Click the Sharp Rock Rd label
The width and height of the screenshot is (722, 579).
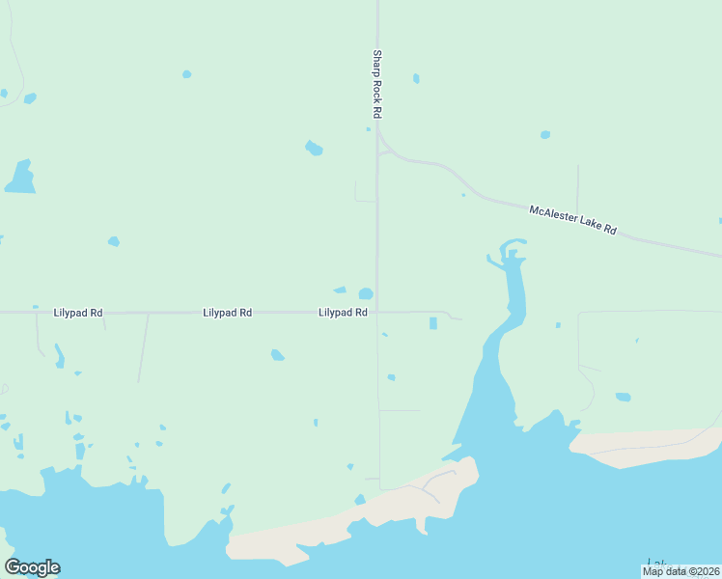377,85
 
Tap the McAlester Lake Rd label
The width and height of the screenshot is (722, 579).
572,218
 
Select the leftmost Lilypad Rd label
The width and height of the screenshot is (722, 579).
78,314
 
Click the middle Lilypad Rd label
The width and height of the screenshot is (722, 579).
228,314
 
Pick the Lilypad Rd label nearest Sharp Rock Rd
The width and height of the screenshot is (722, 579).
343,314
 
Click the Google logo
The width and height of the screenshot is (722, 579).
33,567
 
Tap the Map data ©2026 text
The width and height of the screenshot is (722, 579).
680,571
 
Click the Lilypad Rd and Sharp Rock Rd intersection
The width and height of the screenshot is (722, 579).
377,313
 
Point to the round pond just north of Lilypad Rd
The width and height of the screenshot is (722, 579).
366,294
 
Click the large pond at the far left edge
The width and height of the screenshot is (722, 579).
19,178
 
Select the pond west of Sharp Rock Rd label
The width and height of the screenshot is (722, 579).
314,149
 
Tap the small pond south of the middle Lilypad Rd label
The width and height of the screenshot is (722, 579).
278,355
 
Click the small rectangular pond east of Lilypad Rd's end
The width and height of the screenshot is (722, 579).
433,323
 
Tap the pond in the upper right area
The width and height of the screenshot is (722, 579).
545,134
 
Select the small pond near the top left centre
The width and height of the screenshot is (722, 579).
186,73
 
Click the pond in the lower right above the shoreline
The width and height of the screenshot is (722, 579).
623,397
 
